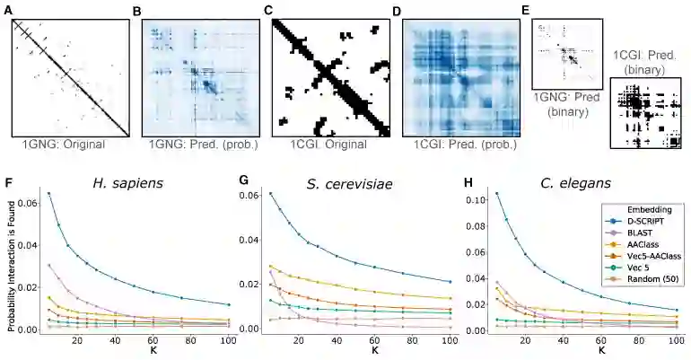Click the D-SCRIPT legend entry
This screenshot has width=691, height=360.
click(x=641, y=219)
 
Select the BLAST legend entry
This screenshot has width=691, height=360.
click(x=634, y=232)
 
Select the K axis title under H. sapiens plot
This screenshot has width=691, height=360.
click(x=131, y=353)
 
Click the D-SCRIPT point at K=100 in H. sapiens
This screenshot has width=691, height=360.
click(x=229, y=304)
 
